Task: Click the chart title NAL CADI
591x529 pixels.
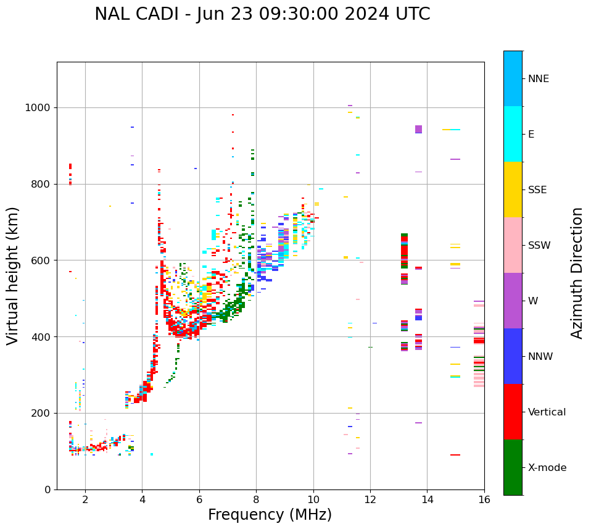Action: coord(262,14)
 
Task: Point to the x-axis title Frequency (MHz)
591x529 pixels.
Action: coord(270,515)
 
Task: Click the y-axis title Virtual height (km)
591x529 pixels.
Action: coord(13,275)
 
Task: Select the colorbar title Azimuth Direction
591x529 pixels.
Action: coord(577,273)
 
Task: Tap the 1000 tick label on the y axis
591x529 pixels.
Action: coord(38,108)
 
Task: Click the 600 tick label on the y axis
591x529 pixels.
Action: coord(41,260)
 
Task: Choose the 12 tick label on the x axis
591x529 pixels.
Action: coord(370,499)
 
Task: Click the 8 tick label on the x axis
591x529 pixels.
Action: coord(256,499)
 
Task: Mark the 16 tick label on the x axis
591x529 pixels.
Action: coord(484,499)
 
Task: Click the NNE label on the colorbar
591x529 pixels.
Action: coord(539,79)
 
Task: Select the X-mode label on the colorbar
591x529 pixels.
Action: coord(547,468)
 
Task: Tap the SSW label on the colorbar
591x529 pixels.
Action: coord(539,246)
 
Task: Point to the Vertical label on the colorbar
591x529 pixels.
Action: coord(547,412)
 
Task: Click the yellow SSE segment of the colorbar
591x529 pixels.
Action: coord(513,190)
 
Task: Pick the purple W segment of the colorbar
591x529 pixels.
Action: coord(513,301)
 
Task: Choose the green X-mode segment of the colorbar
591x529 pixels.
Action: coord(513,467)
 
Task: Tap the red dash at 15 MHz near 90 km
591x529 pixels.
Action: coord(455,455)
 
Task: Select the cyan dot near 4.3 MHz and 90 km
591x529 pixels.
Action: coord(152,454)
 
